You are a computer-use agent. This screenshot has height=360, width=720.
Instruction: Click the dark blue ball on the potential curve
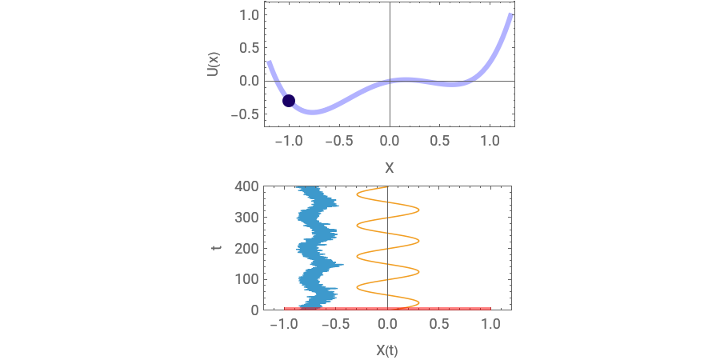288,101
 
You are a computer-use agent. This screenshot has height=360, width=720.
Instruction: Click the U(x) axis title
212,64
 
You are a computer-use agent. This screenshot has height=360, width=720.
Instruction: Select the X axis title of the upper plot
390,168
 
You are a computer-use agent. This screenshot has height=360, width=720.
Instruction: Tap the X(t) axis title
387,350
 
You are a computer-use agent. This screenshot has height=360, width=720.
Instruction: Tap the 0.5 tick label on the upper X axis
440,141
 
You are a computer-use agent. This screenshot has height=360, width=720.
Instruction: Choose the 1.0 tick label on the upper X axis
490,141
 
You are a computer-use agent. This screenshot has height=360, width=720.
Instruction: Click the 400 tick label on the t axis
246,186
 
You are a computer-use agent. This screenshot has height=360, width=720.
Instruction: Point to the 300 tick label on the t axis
246,217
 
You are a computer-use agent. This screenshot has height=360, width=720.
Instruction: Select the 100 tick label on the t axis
246,279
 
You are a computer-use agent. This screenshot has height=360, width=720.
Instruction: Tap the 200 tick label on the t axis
246,249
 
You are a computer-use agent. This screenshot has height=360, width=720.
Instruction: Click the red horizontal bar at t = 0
387,309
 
